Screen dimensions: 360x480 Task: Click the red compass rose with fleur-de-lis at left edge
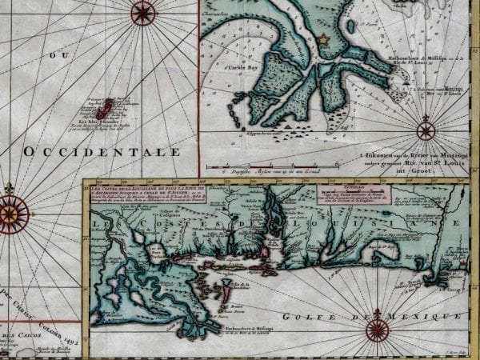[11, 213]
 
